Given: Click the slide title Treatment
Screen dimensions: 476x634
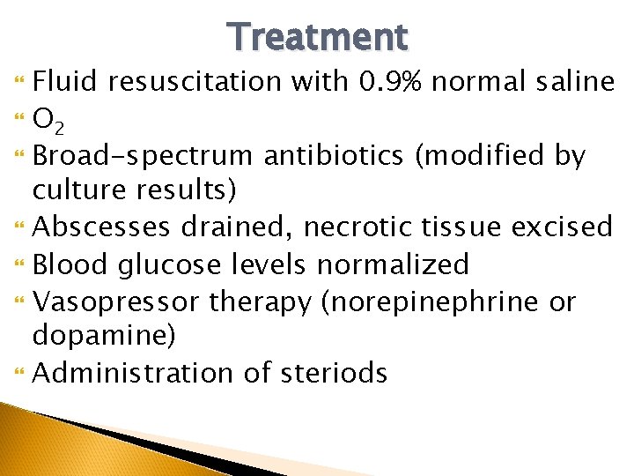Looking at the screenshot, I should coord(317,37).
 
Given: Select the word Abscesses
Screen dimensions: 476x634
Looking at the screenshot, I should coord(102,227).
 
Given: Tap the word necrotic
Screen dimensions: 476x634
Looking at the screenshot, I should coord(356,227).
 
